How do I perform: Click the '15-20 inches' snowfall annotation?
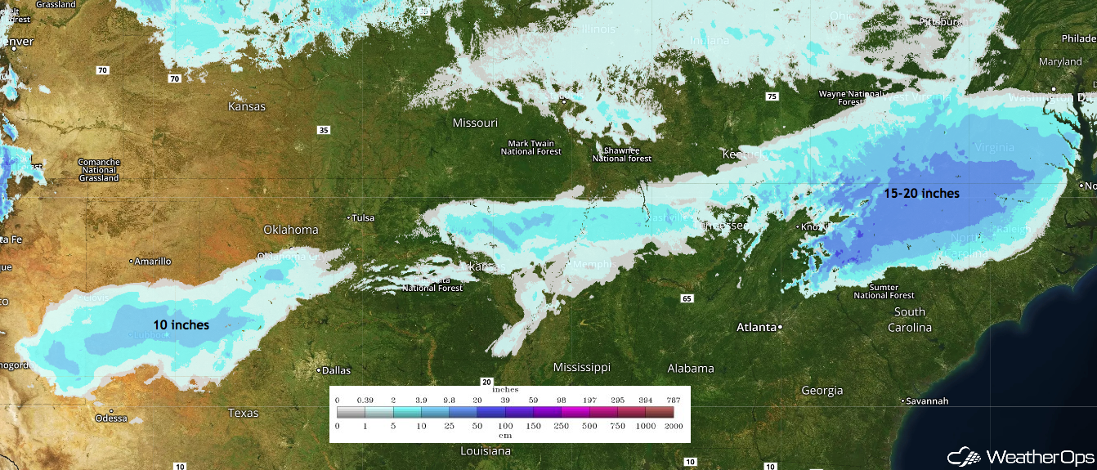pos(921,194)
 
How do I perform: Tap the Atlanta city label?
pos(756,327)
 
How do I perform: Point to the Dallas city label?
pos(336,369)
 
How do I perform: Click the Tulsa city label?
pos(361,217)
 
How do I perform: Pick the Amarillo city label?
pos(153,261)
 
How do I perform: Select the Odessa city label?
pos(111,418)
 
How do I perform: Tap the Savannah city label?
pos(927,401)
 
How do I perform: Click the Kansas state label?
pos(247,106)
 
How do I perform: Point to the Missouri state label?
pos(475,123)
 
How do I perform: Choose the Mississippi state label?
pos(581,367)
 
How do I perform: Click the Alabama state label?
pos(690,368)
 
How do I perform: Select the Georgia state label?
pos(822,391)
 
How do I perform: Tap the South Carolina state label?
pos(911,320)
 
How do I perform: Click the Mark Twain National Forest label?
pos(531,148)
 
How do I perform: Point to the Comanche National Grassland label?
pos(99,170)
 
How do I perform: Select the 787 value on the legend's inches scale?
pos(674,399)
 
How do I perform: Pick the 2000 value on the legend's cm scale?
pos(674,426)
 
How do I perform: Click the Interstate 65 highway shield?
pos(686,298)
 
